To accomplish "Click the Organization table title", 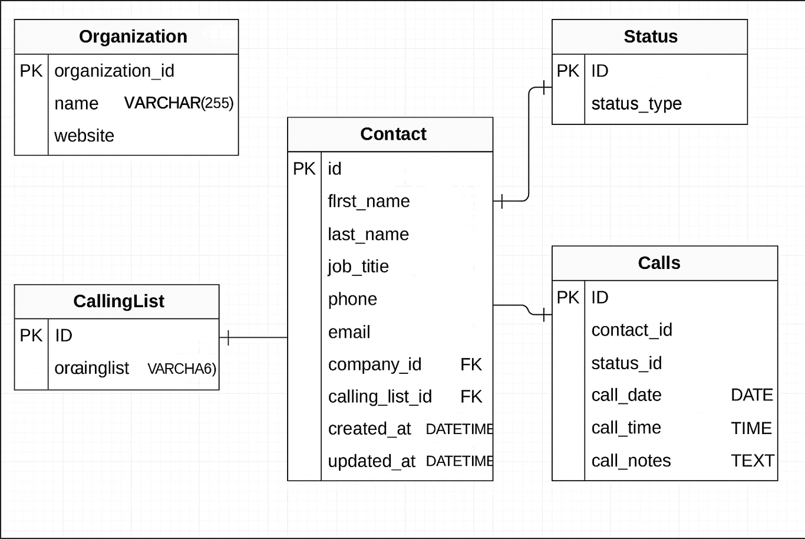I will (x=133, y=37).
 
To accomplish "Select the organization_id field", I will (x=114, y=71).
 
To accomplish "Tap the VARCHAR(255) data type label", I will (x=179, y=103).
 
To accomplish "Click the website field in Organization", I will (x=84, y=136).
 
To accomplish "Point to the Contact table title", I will (x=393, y=134).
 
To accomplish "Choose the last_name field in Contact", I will (x=368, y=234).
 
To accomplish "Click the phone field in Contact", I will (x=352, y=299).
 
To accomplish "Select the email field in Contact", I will (x=349, y=332).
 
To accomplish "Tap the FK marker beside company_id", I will (x=471, y=364).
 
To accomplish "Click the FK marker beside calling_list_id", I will (x=471, y=397).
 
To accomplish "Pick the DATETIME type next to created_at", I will (x=458, y=429).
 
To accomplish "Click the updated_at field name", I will (x=371, y=461).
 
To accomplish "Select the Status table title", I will (x=651, y=37).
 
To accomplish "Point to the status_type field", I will (x=636, y=104).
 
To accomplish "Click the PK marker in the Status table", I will (x=568, y=71).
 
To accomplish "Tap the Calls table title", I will (x=659, y=263).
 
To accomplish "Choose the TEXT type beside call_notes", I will (x=752, y=461).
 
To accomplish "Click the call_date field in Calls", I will (x=626, y=395).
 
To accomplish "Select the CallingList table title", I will (x=118, y=301).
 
